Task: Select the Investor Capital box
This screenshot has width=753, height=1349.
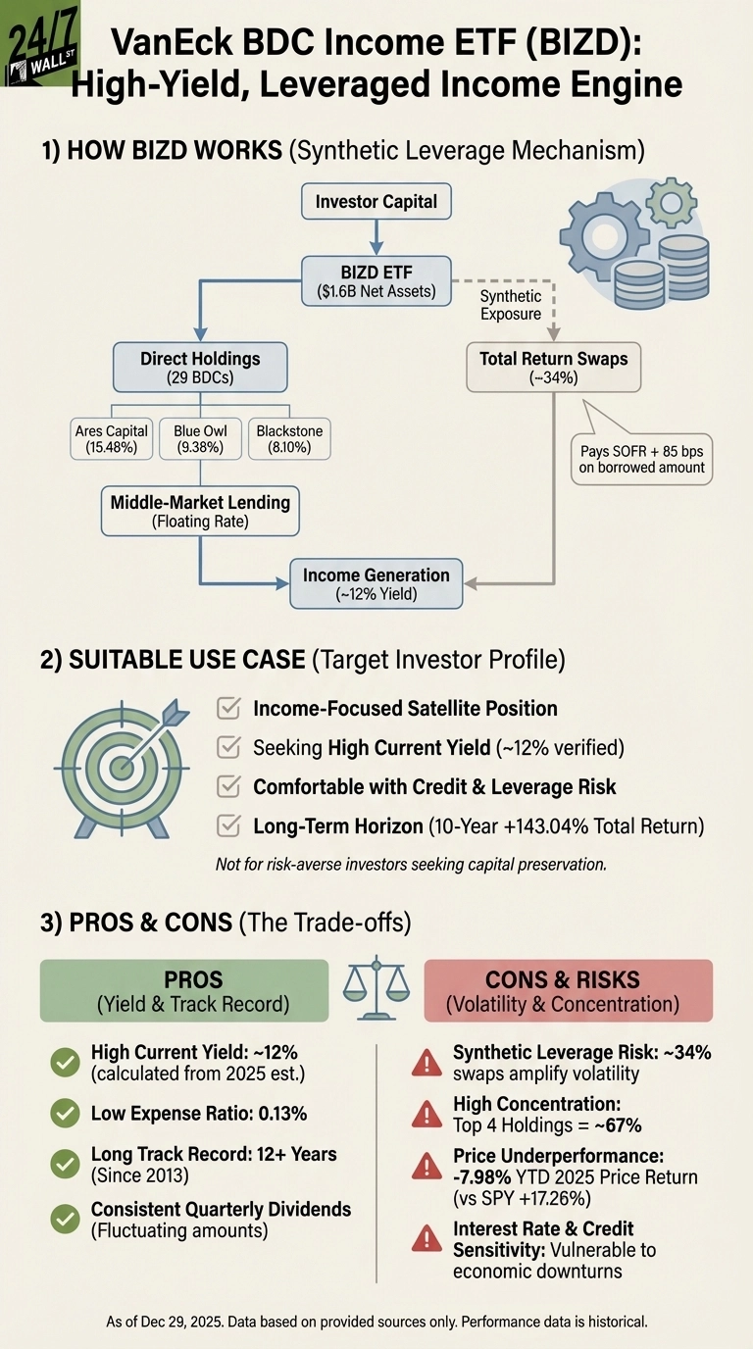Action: (x=376, y=203)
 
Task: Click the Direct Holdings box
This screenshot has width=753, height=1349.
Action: (x=200, y=368)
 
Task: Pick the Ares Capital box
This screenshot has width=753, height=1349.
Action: (x=111, y=438)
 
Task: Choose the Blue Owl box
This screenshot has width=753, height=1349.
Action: (x=200, y=438)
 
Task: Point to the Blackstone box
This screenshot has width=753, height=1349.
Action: (x=288, y=438)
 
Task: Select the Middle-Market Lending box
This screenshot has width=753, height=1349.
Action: (x=200, y=511)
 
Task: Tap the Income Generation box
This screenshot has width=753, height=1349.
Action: (x=376, y=584)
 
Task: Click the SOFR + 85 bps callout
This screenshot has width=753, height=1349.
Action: (x=641, y=457)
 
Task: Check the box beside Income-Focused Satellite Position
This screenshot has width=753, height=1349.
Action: (x=228, y=708)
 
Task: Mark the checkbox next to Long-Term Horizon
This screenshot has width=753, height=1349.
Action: (x=228, y=825)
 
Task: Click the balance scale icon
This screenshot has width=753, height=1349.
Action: (x=376, y=988)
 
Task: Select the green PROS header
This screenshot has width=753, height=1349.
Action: (x=183, y=990)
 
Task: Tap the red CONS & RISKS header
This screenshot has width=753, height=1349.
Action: (x=568, y=990)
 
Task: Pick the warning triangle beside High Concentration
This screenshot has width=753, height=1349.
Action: (x=427, y=1114)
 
